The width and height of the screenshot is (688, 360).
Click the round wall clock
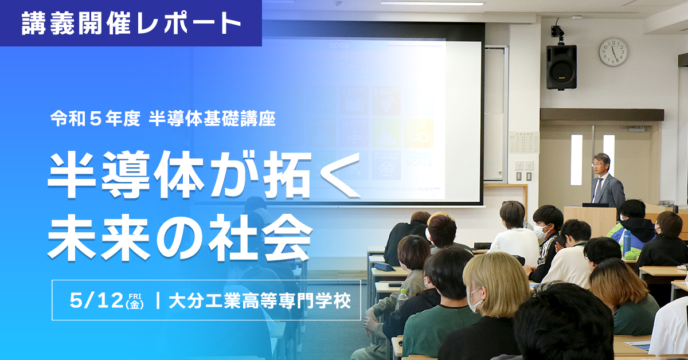(613, 52)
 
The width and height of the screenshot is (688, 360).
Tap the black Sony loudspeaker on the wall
(561, 66)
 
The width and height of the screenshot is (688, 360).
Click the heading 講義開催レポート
(131, 23)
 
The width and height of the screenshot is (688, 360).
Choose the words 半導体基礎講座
(212, 119)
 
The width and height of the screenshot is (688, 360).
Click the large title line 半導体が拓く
(204, 175)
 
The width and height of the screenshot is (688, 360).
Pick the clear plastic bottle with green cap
(402, 299)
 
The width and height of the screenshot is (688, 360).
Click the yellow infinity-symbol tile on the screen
(419, 134)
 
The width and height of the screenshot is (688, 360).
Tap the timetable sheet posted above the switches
(523, 143)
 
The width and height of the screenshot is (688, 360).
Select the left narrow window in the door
(576, 151)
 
